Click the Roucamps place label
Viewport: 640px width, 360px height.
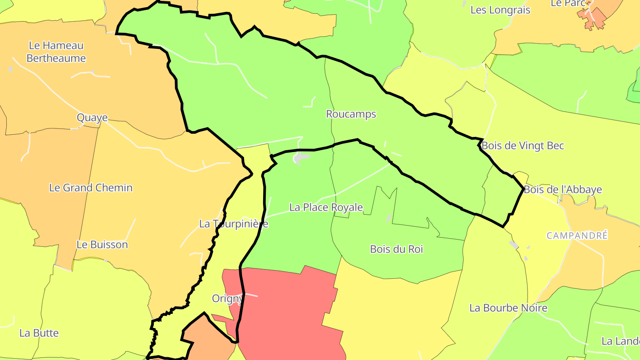(351, 114)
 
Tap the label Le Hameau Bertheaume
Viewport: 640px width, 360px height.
(56, 52)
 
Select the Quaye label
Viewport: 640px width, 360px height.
(92, 118)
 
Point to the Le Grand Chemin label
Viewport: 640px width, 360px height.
(91, 188)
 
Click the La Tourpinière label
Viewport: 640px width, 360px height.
(233, 224)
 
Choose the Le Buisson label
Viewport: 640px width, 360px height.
(102, 244)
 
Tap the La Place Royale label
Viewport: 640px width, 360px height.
(326, 207)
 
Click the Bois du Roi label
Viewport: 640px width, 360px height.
(396, 249)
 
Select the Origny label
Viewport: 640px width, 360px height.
(227, 298)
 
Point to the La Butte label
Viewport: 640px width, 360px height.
(39, 333)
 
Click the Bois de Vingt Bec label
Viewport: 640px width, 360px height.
(523, 145)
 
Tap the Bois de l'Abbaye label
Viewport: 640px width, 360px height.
(563, 189)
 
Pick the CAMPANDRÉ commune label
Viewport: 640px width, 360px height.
(577, 236)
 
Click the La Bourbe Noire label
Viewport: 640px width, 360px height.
(508, 308)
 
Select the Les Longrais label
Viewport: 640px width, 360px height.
(500, 10)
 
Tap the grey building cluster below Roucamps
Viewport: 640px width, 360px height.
(301, 157)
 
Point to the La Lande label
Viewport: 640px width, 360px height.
(620, 341)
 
